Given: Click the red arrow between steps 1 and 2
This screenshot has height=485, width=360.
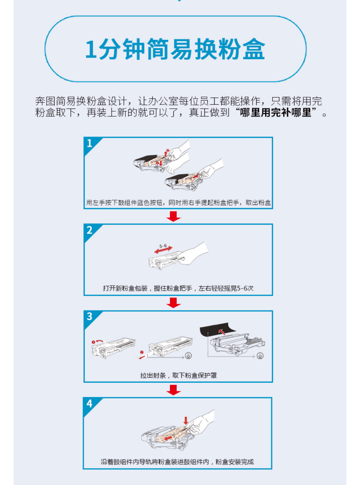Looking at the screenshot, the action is [174, 216].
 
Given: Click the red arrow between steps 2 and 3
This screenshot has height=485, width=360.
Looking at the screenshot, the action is [174, 303].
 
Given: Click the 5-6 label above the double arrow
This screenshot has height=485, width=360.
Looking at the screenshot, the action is [163, 246].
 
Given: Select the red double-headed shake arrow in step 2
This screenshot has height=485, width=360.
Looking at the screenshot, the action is [163, 250].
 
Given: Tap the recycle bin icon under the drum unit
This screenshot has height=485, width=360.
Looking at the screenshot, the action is [260, 356].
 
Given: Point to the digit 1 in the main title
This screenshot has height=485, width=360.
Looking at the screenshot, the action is [91, 49].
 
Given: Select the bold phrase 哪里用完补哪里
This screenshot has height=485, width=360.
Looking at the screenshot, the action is [275, 112].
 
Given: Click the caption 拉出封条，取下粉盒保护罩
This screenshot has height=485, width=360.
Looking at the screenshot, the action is [178, 375].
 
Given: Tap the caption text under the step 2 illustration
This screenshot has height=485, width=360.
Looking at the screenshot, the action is [178, 288].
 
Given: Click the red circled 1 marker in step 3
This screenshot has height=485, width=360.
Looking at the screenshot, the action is [93, 342].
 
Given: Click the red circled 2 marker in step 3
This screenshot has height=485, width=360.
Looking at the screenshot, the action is [142, 352].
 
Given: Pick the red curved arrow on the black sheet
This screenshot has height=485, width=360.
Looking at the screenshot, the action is [222, 331].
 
